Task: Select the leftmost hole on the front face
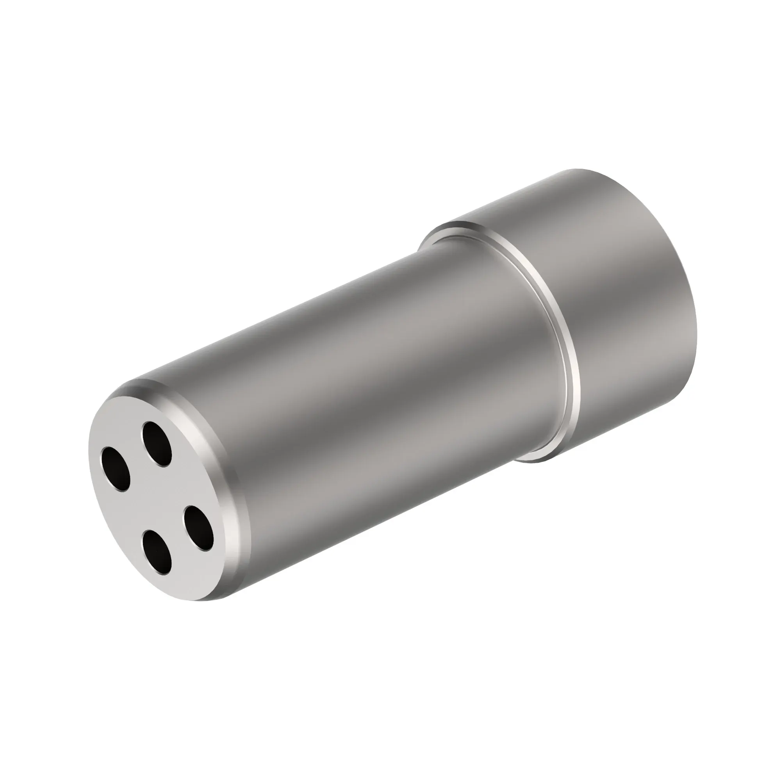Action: pos(116,469)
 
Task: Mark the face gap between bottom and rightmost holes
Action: pos(178,542)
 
